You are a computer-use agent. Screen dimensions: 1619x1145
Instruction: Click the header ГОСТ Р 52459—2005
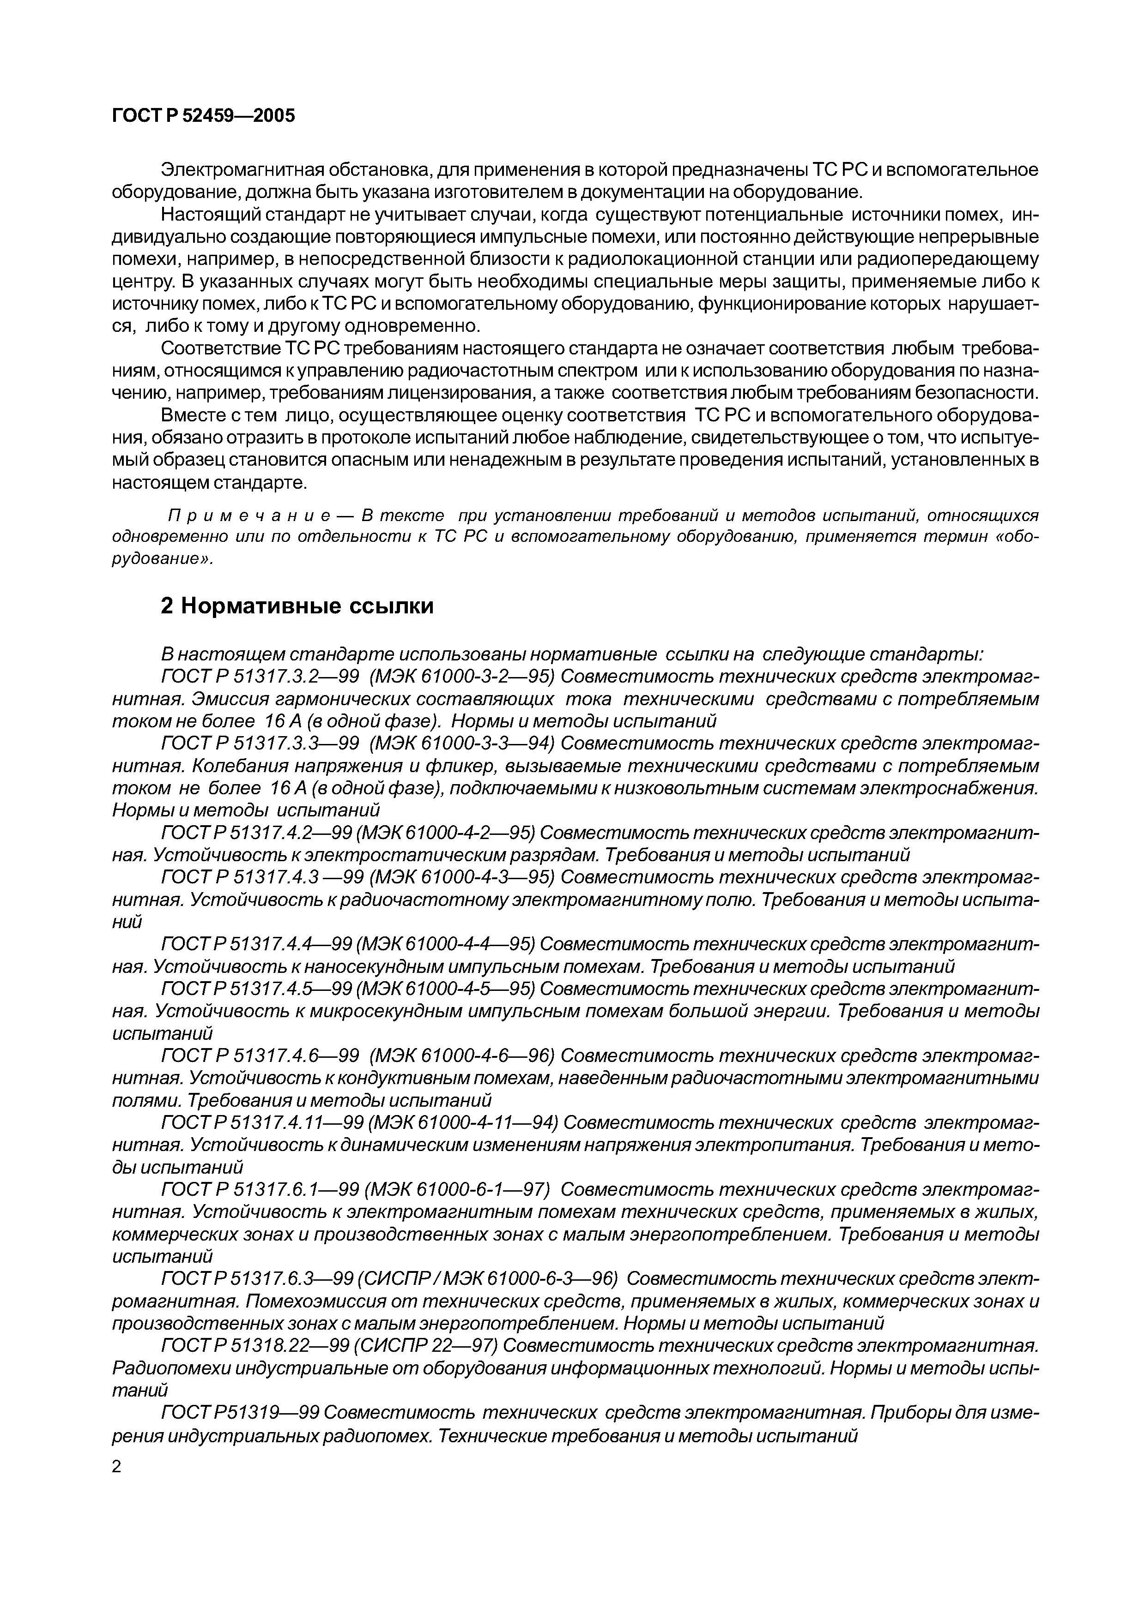click(203, 116)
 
